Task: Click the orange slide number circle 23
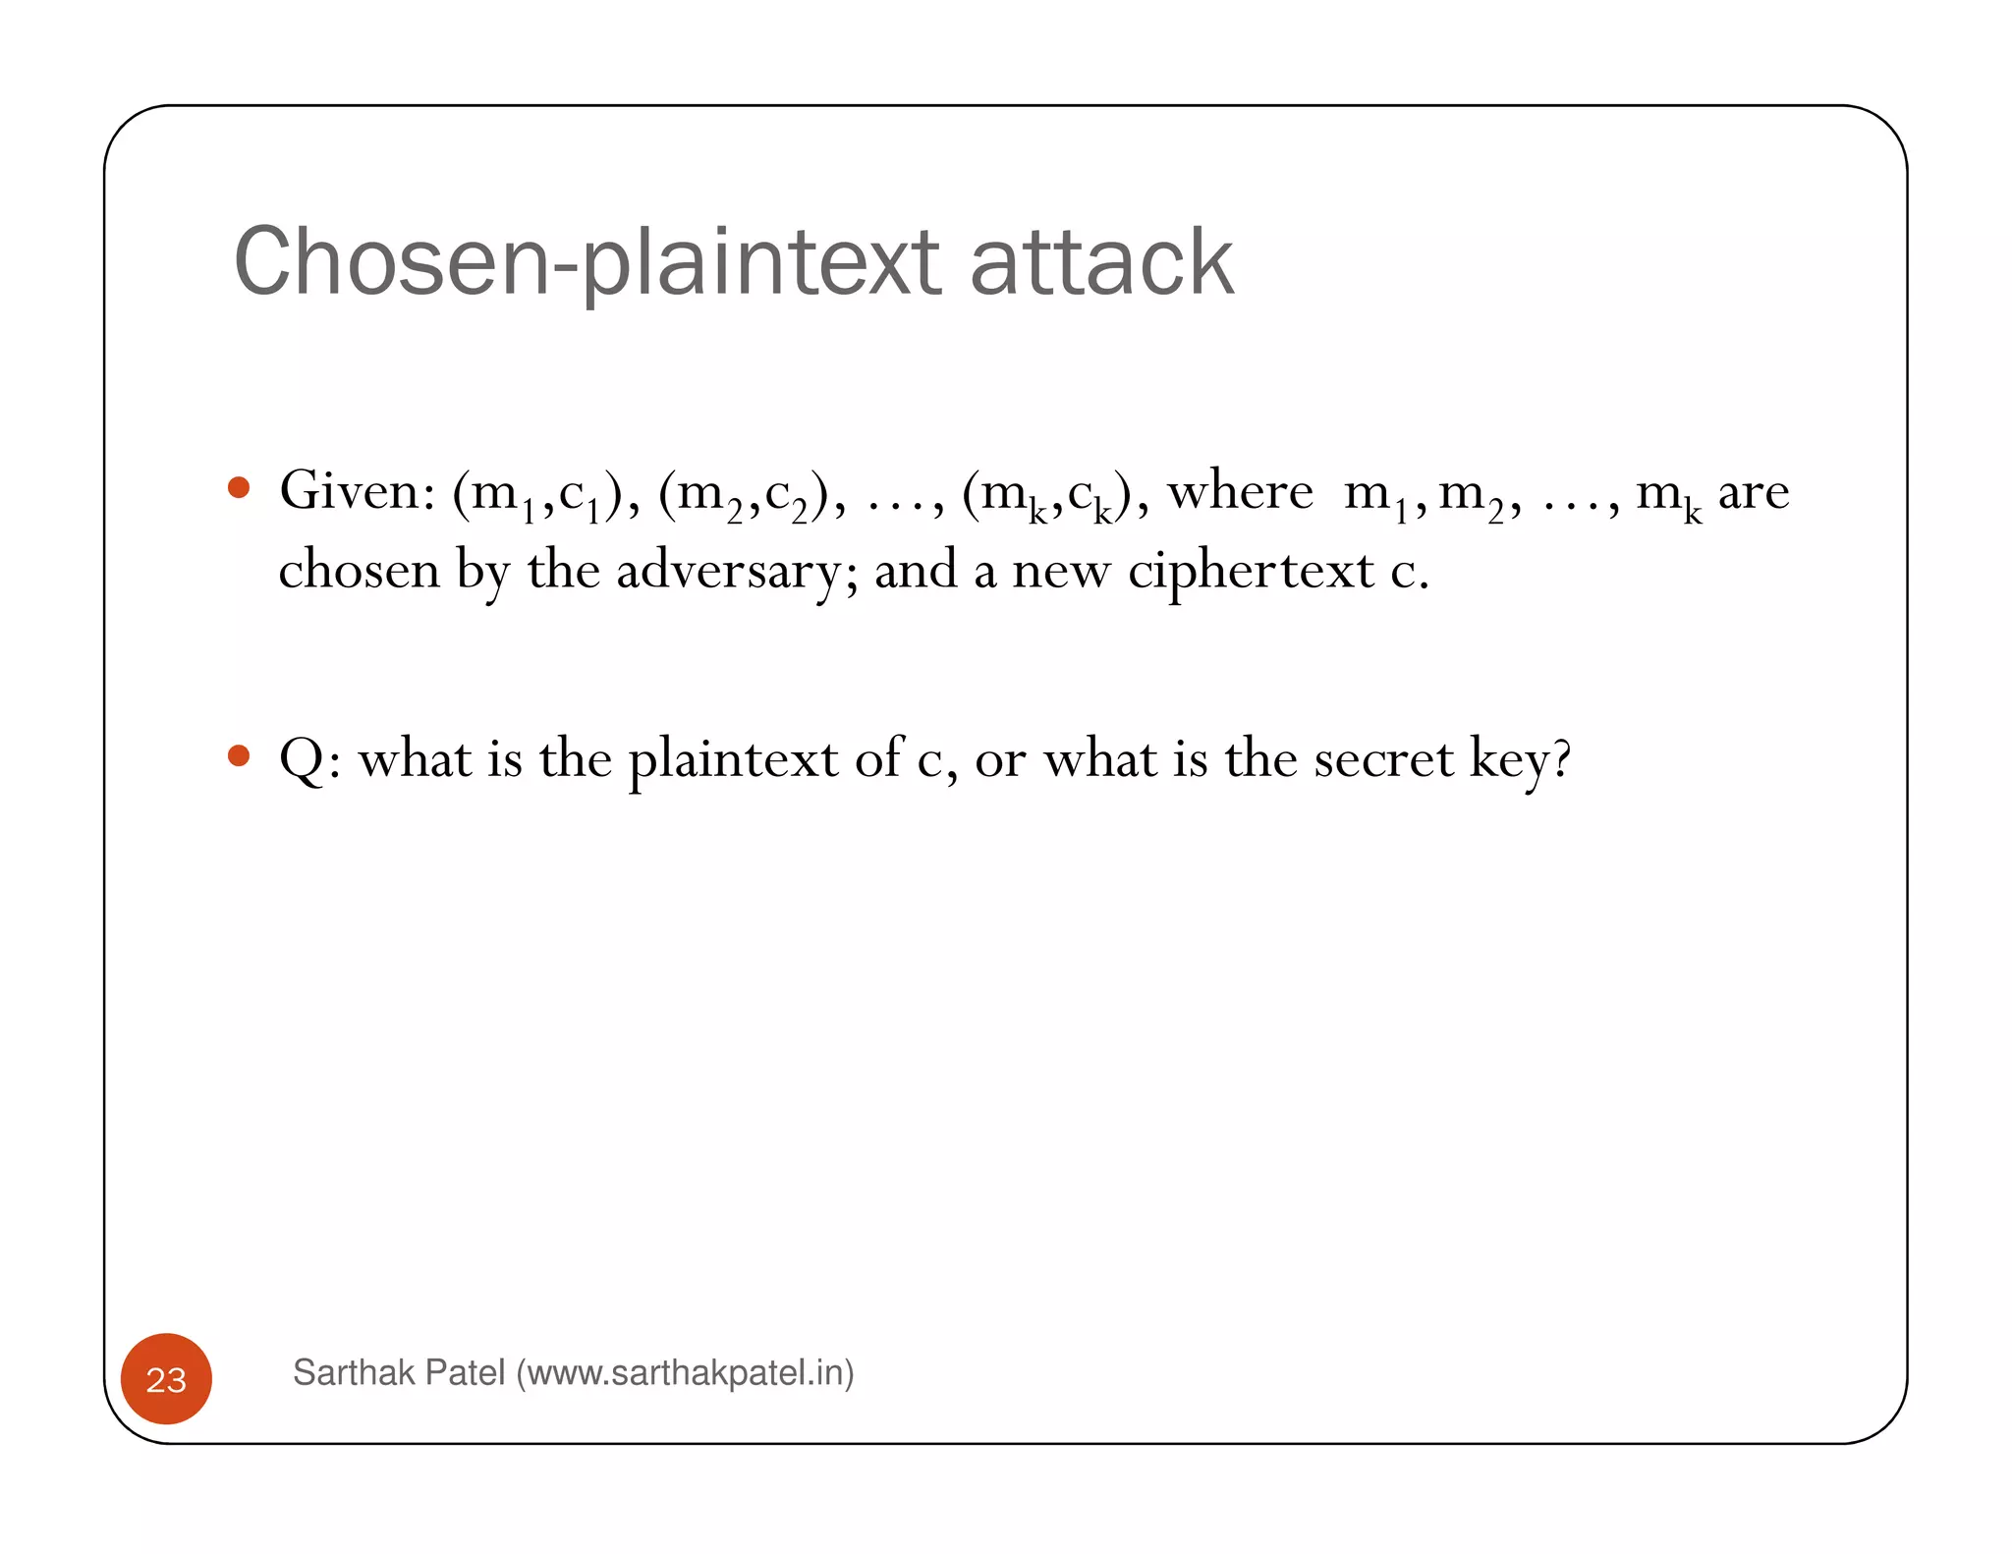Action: pos(166,1379)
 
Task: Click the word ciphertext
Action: pos(1251,571)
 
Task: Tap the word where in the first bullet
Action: pos(1240,490)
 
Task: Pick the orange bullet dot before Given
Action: pos(238,488)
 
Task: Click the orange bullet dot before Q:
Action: pos(238,755)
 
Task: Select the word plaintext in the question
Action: pos(733,759)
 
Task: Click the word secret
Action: pos(1383,759)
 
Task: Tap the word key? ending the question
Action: pos(1520,761)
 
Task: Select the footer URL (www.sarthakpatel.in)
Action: pos(685,1372)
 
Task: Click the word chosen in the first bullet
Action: pos(359,571)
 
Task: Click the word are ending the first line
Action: pos(1753,492)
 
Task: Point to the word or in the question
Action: pos(1000,761)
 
